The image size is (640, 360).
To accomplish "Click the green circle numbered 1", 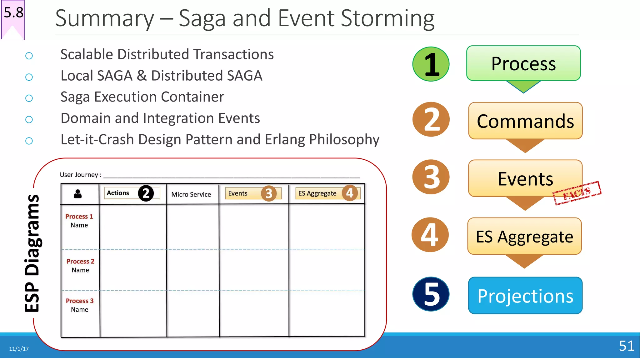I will click(x=431, y=64).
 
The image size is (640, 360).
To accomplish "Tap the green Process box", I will click(x=523, y=63).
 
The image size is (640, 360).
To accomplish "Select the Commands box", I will click(x=525, y=121).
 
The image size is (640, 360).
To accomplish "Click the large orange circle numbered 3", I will click(x=431, y=177).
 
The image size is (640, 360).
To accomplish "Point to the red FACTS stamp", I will click(x=577, y=193).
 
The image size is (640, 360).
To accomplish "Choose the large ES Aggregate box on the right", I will click(x=524, y=236).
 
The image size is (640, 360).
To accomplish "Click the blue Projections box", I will click(x=525, y=296).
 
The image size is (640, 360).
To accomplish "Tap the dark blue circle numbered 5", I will click(x=431, y=294).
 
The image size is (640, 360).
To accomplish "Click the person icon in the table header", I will click(x=78, y=194).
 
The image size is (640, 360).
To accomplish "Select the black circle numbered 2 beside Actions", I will click(x=146, y=193).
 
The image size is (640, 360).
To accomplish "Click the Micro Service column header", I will click(x=191, y=194).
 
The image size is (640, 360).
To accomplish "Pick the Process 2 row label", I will click(x=80, y=265).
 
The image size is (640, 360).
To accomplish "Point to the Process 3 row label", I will click(x=80, y=305).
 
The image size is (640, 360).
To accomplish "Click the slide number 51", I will click(x=627, y=346).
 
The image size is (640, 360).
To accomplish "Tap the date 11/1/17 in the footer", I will click(x=19, y=349).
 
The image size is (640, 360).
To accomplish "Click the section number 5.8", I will click(x=13, y=12).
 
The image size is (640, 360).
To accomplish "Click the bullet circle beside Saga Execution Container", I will click(x=29, y=98).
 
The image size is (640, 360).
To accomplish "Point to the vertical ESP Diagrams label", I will click(x=32, y=253).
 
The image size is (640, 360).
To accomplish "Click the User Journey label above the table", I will click(x=80, y=175).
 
